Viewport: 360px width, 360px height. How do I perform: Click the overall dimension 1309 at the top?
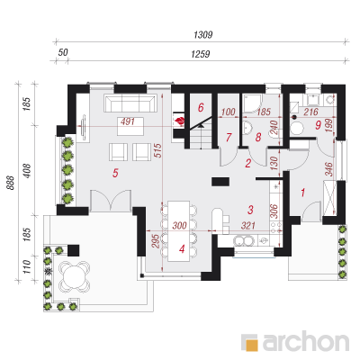[203, 35]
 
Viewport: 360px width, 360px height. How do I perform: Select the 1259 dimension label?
[201, 54]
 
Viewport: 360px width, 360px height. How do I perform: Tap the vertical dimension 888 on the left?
[11, 183]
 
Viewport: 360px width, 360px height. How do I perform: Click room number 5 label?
[115, 173]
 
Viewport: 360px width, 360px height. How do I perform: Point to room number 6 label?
[201, 107]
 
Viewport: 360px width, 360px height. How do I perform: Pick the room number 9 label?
[319, 125]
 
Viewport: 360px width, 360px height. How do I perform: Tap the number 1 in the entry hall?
[303, 193]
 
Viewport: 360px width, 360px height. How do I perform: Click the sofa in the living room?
[130, 103]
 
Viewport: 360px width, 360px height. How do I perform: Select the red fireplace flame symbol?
[181, 121]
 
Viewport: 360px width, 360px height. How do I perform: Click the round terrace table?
[75, 276]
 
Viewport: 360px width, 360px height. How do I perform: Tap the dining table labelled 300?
[179, 231]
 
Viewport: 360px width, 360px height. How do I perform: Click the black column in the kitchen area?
[220, 182]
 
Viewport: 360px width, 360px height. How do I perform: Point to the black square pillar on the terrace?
[74, 250]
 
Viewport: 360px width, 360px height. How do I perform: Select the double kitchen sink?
[243, 240]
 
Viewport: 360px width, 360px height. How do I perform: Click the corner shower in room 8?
[252, 103]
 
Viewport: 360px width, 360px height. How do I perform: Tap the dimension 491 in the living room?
[128, 121]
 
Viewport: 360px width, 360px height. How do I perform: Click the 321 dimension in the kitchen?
[248, 225]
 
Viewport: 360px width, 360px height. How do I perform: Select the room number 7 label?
[229, 138]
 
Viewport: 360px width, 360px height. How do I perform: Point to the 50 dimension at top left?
[63, 52]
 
